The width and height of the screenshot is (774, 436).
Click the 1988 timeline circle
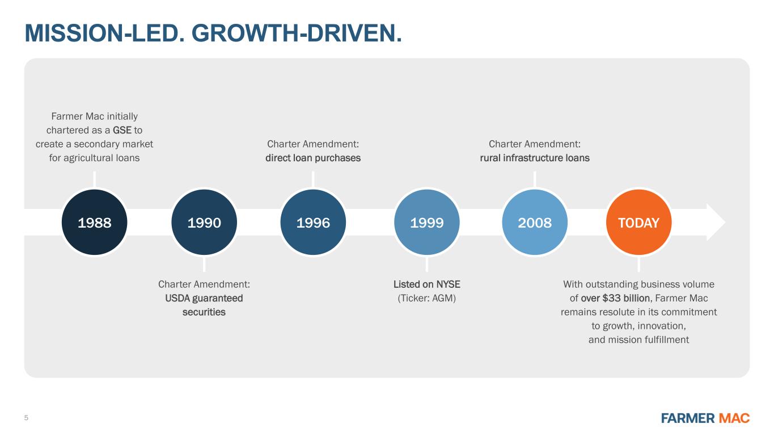pyautogui.click(x=94, y=223)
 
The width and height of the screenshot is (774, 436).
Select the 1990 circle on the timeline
pyautogui.click(x=204, y=223)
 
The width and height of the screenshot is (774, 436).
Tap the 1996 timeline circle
pyautogui.click(x=313, y=223)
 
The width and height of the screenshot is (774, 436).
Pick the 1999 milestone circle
pyautogui.click(x=426, y=223)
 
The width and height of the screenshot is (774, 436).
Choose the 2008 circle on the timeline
pyautogui.click(x=535, y=223)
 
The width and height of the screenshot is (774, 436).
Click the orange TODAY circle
pyautogui.click(x=638, y=223)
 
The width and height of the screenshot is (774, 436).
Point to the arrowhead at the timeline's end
pyautogui.click(x=716, y=223)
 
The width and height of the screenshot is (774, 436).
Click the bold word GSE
pyautogui.click(x=122, y=130)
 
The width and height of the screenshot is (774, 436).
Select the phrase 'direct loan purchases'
pyautogui.click(x=313, y=158)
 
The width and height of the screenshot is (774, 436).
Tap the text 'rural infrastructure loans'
pyautogui.click(x=535, y=158)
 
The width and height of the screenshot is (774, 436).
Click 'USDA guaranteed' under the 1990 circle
pyautogui.click(x=204, y=298)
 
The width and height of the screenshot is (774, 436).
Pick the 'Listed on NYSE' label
pyautogui.click(x=426, y=284)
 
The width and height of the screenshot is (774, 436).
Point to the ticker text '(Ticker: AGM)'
pyautogui.click(x=426, y=298)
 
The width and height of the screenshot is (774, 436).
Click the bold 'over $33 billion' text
pyautogui.click(x=615, y=298)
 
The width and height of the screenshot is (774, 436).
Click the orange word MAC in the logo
pyautogui.click(x=734, y=418)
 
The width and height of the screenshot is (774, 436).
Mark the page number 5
pyautogui.click(x=26, y=418)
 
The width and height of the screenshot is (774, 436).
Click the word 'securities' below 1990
pyautogui.click(x=204, y=312)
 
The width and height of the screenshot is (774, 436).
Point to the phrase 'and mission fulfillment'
pyautogui.click(x=638, y=340)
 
